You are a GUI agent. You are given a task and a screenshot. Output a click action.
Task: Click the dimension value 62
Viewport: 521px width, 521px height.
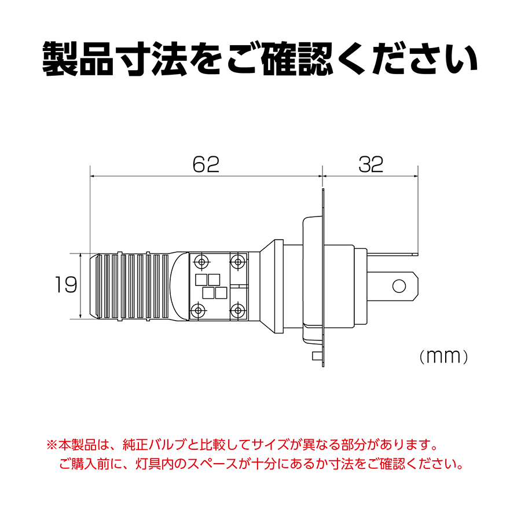[206, 164]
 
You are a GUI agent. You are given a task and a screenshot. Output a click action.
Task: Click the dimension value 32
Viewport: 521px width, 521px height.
[371, 164]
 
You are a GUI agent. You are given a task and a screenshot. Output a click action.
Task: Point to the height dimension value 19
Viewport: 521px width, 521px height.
[66, 285]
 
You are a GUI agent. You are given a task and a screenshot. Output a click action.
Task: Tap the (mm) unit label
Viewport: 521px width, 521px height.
[443, 357]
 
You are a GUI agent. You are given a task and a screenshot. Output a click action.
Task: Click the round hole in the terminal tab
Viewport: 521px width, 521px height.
[399, 286]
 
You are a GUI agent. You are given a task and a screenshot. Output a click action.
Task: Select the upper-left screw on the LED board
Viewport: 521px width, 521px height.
[201, 262]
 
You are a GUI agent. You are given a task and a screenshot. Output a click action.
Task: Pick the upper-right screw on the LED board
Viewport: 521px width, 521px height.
[238, 262]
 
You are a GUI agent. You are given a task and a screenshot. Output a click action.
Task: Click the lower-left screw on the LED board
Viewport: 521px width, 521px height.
[199, 310]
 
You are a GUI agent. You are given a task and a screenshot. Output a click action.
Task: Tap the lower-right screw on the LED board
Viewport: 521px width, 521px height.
[238, 310]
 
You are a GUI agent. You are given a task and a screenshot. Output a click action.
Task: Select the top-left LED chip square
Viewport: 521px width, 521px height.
[201, 280]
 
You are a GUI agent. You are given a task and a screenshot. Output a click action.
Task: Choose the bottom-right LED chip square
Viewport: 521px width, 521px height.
[221, 293]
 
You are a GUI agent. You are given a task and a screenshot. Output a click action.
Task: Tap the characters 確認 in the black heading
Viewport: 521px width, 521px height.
[297, 59]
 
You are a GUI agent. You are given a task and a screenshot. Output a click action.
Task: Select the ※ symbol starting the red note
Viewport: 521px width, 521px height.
[52, 445]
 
